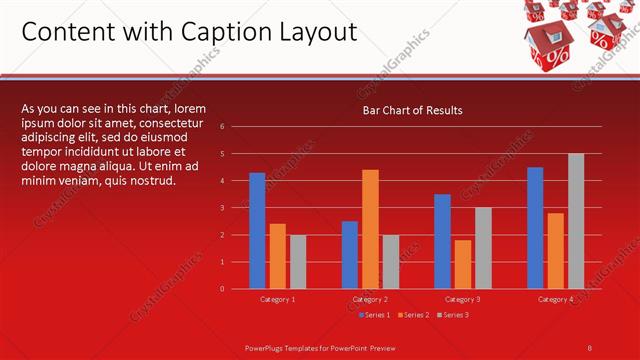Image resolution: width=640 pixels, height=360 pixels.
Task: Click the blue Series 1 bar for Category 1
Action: pos(257,231)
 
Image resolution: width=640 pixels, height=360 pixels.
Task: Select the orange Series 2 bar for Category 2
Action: pos(370,229)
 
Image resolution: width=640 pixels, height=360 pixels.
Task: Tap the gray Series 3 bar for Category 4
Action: pos(575,221)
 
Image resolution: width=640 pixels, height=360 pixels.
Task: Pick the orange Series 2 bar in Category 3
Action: pos(462,264)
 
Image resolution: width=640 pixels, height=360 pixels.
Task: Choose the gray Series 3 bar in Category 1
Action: pos(297,262)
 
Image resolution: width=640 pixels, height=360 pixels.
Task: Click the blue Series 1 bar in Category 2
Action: pos(350,255)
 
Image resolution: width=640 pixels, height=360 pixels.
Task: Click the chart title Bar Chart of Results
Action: pos(412,110)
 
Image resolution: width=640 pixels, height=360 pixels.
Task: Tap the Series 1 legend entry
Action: pos(375,315)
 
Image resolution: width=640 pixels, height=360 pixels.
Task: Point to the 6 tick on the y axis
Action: pos(236,126)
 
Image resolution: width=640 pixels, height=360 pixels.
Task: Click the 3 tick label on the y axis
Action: pos(236,208)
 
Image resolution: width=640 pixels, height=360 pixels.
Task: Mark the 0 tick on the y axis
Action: pos(236,289)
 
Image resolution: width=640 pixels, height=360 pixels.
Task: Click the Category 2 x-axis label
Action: pos(371,299)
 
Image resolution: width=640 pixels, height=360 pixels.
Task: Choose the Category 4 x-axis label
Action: pos(555,299)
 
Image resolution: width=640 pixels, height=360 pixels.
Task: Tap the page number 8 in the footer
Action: pos(590,347)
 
